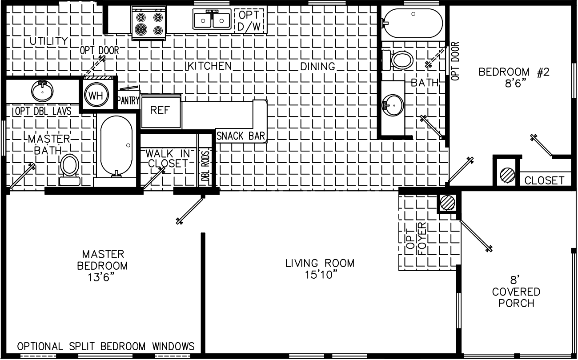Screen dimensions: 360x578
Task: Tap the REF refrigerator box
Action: point(161,111)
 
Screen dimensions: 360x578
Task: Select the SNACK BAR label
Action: point(241,136)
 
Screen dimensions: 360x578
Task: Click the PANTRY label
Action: point(128,101)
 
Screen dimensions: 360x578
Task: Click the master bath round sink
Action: point(42,91)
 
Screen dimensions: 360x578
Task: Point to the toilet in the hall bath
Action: point(399,60)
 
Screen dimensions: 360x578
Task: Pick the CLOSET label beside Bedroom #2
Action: point(544,180)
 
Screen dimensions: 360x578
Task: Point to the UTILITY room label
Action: point(49,41)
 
